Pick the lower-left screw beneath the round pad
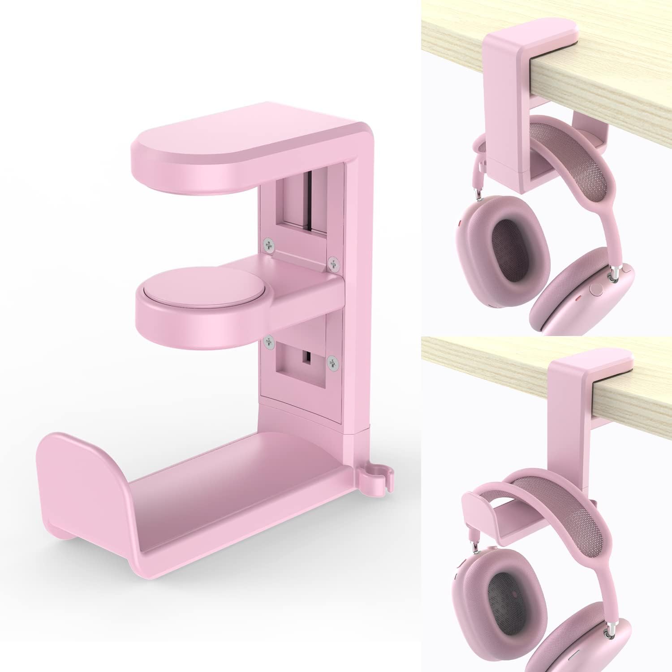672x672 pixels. [269, 342]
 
